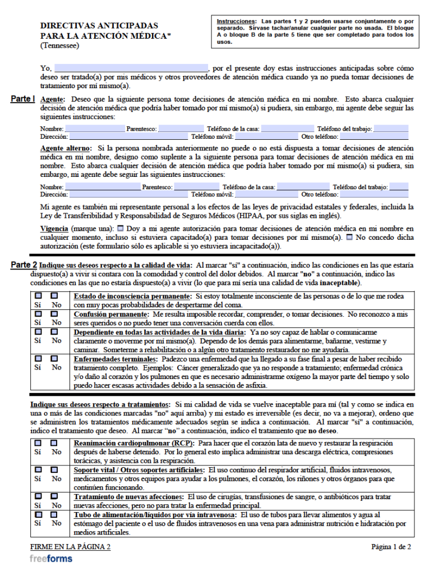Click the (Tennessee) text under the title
pos(59,45)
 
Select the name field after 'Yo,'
pos(131,68)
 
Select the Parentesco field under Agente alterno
pos(196,187)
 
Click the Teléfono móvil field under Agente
pos(266,136)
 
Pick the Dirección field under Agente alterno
pos(128,195)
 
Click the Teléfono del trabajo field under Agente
pos(391,129)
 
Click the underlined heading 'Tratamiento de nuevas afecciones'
pos(128,497)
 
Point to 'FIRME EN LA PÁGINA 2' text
pos(70,546)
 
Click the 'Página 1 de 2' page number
pos(391,546)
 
